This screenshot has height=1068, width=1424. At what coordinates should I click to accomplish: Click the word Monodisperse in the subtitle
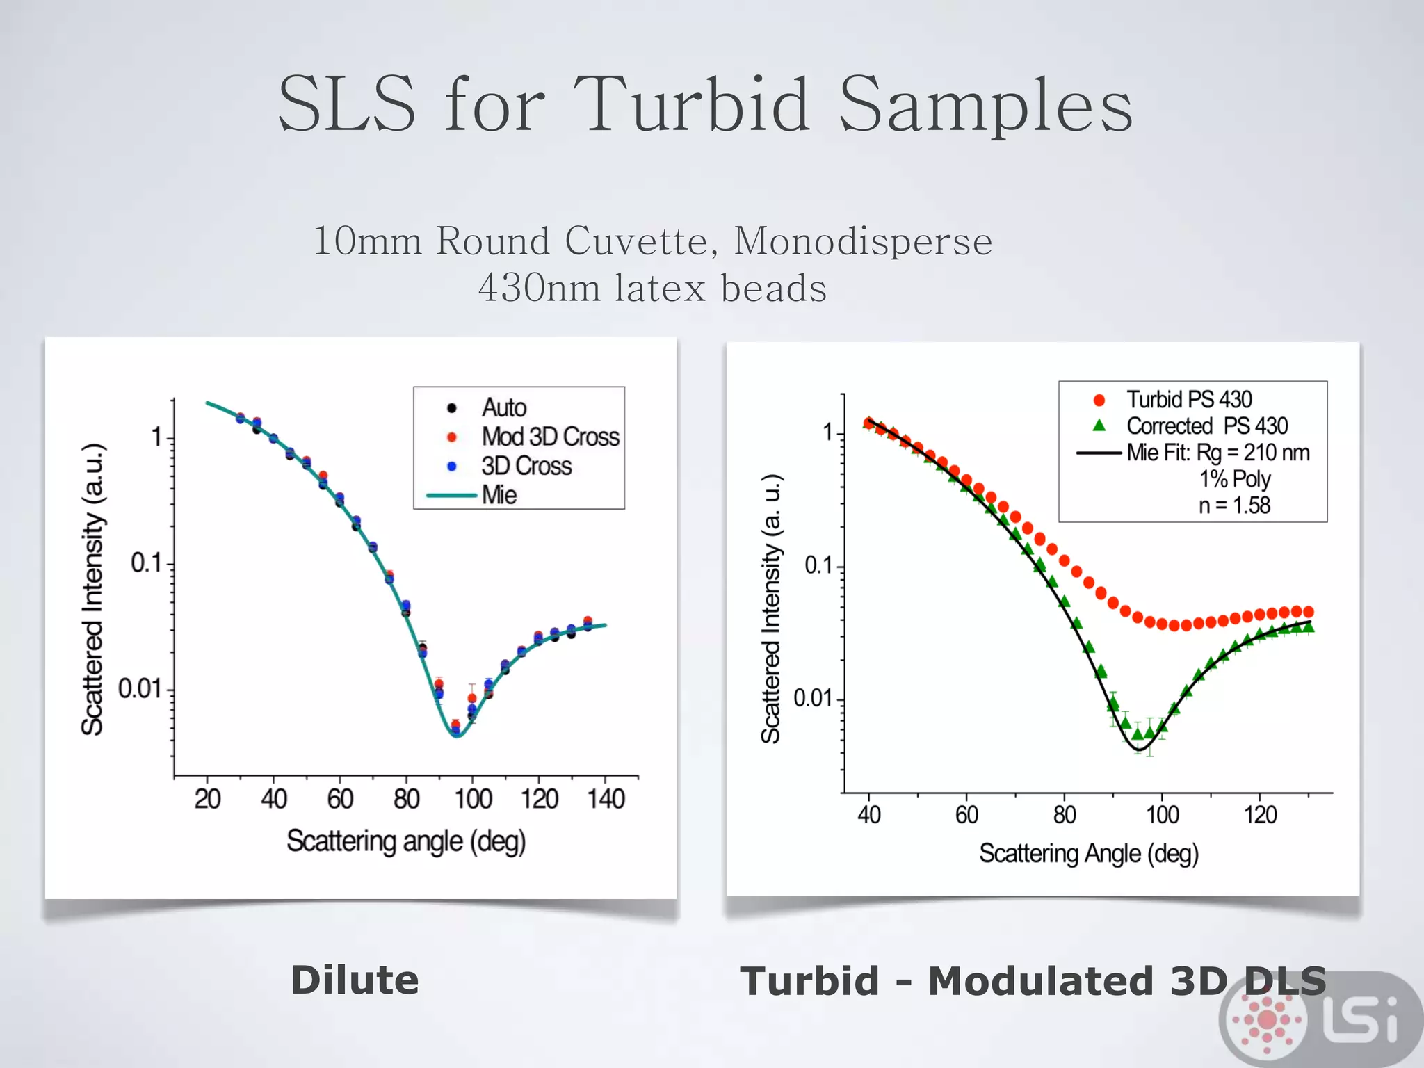tap(863, 241)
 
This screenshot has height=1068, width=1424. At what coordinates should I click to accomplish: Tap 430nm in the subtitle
tap(538, 288)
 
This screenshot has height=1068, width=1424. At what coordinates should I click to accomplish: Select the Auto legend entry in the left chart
tap(503, 407)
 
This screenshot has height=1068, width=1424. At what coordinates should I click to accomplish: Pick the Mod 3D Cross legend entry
tap(549, 437)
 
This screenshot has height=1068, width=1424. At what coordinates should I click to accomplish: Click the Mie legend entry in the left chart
tap(499, 495)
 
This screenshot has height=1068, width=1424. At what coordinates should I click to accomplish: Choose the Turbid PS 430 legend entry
tap(1188, 400)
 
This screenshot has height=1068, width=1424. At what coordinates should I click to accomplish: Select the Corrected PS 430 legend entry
tap(1206, 426)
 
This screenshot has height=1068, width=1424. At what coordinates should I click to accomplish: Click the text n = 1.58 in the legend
tap(1233, 505)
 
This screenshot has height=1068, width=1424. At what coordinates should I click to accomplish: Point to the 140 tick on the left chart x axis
tap(606, 799)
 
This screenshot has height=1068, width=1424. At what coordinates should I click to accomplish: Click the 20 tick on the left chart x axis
tap(207, 799)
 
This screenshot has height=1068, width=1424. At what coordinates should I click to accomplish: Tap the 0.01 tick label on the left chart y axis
tap(138, 689)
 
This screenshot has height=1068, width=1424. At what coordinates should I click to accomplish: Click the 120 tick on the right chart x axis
tap(1260, 814)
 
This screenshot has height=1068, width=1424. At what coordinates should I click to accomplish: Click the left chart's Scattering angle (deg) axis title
tap(406, 841)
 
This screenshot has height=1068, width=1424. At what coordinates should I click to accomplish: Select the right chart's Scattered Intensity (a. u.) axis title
tap(771, 609)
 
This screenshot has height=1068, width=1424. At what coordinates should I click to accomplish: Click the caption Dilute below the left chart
tap(355, 980)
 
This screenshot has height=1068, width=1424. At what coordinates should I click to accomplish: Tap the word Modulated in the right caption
tap(1043, 981)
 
